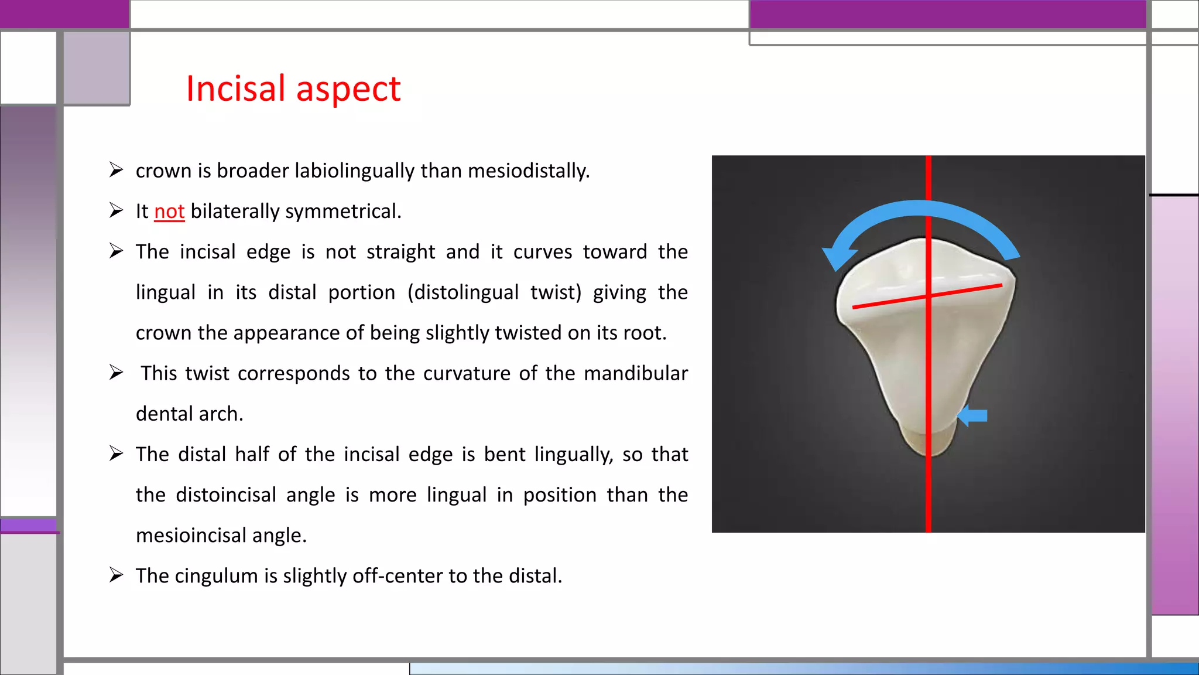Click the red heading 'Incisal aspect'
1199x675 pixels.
tap(293, 89)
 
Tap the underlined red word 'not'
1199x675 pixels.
tap(169, 212)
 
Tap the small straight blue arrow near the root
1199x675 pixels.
tap(973, 416)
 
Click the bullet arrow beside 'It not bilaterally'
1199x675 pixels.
tap(116, 211)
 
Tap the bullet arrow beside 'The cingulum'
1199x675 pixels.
tap(116, 575)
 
